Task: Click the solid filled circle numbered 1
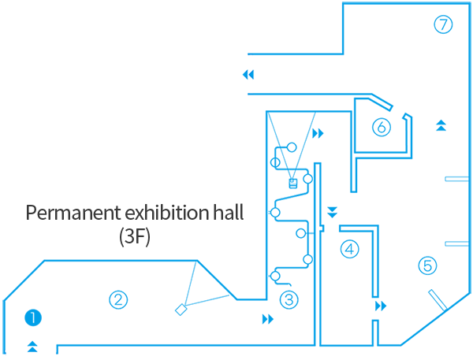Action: (x=33, y=317)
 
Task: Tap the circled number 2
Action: (x=118, y=299)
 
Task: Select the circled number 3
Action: (x=289, y=299)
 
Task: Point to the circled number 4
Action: (x=349, y=250)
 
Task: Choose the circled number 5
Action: (x=428, y=265)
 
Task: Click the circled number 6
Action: (x=382, y=127)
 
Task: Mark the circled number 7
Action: (x=443, y=24)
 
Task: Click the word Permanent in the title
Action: (x=73, y=213)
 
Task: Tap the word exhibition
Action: (x=167, y=212)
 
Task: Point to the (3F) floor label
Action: (x=135, y=237)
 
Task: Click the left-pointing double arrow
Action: (x=248, y=75)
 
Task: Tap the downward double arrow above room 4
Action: (x=332, y=212)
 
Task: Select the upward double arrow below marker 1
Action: (x=32, y=347)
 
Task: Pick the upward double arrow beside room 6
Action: (x=441, y=125)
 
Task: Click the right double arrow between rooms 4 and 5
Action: (x=381, y=306)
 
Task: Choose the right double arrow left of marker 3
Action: (x=268, y=319)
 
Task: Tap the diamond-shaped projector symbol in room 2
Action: (x=181, y=310)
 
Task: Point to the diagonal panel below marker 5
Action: (x=438, y=300)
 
